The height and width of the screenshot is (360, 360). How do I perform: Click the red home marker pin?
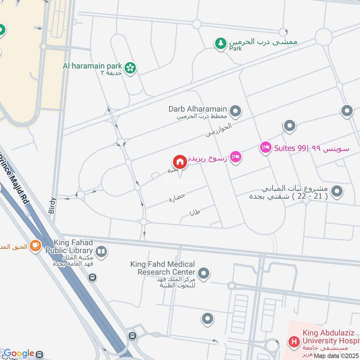pos(180,162)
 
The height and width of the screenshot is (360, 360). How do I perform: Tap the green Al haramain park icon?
pos(130,67)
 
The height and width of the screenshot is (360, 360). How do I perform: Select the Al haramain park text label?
pos(93,65)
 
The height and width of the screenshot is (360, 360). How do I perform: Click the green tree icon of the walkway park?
pos(220,44)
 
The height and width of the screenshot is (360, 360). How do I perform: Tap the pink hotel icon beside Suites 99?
pos(265,147)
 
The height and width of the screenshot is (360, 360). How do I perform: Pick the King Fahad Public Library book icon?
pos(102,252)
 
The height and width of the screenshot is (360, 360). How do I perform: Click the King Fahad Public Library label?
pos(72,247)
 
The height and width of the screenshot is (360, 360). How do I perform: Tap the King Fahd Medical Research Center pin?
pos(204,273)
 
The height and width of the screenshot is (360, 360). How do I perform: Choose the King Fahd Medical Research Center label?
pos(162,268)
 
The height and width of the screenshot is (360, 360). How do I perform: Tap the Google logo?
pos(18,354)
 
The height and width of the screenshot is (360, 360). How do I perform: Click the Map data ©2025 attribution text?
pos(336,355)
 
